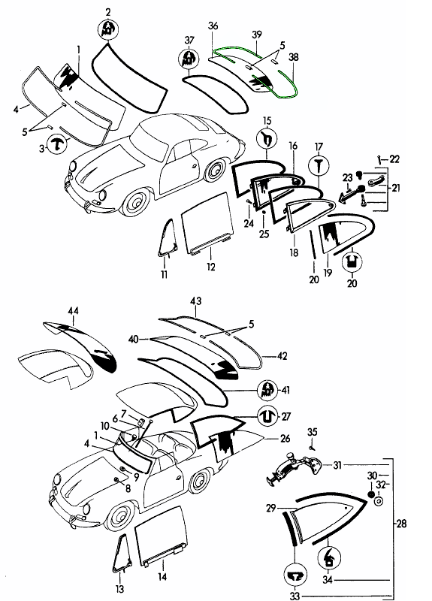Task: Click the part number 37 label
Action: (189, 41)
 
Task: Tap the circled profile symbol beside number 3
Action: (57, 144)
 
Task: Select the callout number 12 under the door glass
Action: (211, 267)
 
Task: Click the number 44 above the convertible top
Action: (73, 310)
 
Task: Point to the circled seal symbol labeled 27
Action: (267, 416)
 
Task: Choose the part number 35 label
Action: (313, 432)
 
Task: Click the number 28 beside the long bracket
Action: (401, 523)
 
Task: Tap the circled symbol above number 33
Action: (295, 575)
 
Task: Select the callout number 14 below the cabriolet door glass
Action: (162, 576)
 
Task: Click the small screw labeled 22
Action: (379, 159)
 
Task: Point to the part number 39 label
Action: (257, 35)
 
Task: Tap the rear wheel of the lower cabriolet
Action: (199, 482)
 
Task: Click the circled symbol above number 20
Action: (352, 261)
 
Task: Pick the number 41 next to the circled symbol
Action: (285, 390)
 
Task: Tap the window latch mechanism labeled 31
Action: (293, 467)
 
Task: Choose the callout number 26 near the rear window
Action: (285, 438)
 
